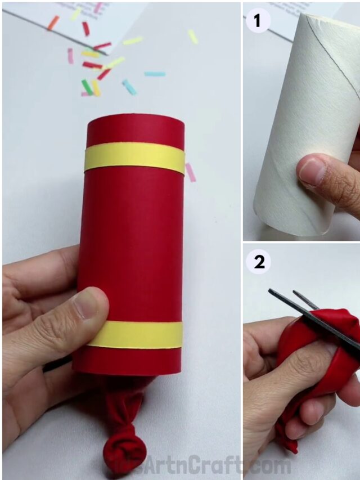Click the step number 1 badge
(x=258, y=21)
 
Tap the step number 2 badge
(x=258, y=262)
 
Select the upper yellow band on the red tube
(x=134, y=159)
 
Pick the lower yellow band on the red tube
(x=135, y=334)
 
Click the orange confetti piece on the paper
(x=53, y=23)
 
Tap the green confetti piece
(x=87, y=86)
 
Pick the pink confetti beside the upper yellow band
(x=191, y=172)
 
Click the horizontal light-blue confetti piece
(x=155, y=74)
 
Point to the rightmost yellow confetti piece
(x=193, y=37)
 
